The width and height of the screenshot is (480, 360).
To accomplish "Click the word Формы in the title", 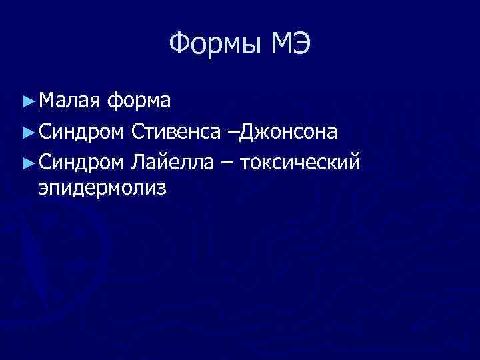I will pyautogui.click(x=213, y=45).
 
